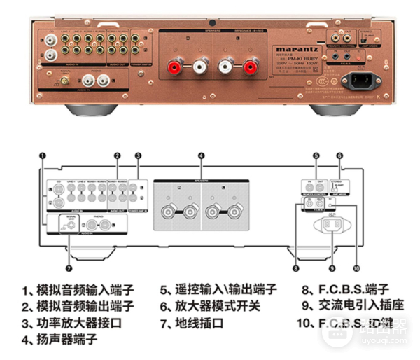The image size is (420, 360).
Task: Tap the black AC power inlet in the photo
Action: pyautogui.click(x=356, y=79)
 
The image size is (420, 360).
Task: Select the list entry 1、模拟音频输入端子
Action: pyautogui.click(x=77, y=290)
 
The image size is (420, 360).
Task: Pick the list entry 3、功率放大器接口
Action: pyautogui.click(x=71, y=324)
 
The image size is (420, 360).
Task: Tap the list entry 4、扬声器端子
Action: pyautogui.click(x=59, y=340)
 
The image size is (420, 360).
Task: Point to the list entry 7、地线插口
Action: pyautogui.click(x=191, y=324)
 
